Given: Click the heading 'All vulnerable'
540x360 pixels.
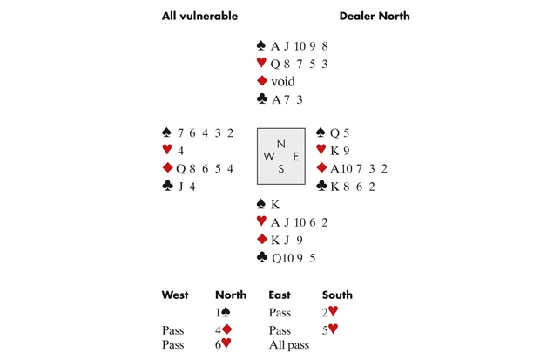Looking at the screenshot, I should pyautogui.click(x=199, y=16).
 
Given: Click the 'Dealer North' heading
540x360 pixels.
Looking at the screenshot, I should pyautogui.click(x=374, y=16).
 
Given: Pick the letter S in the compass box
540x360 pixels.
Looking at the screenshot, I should pyautogui.click(x=280, y=169).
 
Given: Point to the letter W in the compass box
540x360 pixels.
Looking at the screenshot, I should pyautogui.click(x=268, y=157).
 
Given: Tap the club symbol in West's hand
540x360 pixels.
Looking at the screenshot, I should pyautogui.click(x=167, y=186).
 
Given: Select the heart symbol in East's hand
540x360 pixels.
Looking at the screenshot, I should pyautogui.click(x=321, y=150).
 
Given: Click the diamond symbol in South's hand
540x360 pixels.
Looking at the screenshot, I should pyautogui.click(x=260, y=240).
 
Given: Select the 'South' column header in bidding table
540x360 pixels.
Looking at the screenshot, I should pyautogui.click(x=337, y=295).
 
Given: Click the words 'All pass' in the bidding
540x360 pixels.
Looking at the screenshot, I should pyautogui.click(x=289, y=344).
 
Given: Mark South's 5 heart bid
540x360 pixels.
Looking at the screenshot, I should pyautogui.click(x=330, y=329).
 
